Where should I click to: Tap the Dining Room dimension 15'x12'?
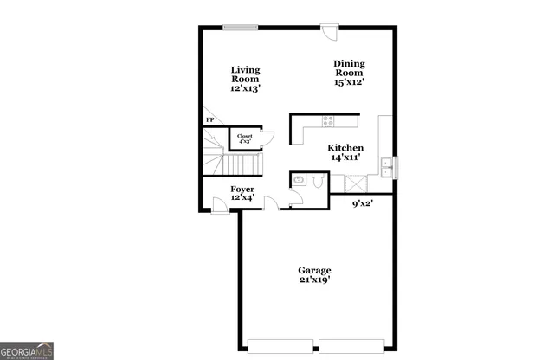coord(350,83)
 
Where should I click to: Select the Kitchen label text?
coord(345,148)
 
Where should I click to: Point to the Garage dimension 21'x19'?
coord(314,280)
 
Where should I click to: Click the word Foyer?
coord(242,189)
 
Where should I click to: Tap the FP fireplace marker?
coord(209,120)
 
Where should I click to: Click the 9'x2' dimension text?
coord(363,204)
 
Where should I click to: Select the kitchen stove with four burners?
coord(328,120)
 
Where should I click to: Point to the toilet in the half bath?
coord(317,180)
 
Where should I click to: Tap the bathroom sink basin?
coord(298,180)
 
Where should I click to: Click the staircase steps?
coord(239,164)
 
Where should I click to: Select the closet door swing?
coord(266,137)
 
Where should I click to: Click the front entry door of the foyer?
coord(221,202)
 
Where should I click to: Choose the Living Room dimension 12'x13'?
coord(245,88)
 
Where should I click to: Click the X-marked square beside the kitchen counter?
coord(353,182)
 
